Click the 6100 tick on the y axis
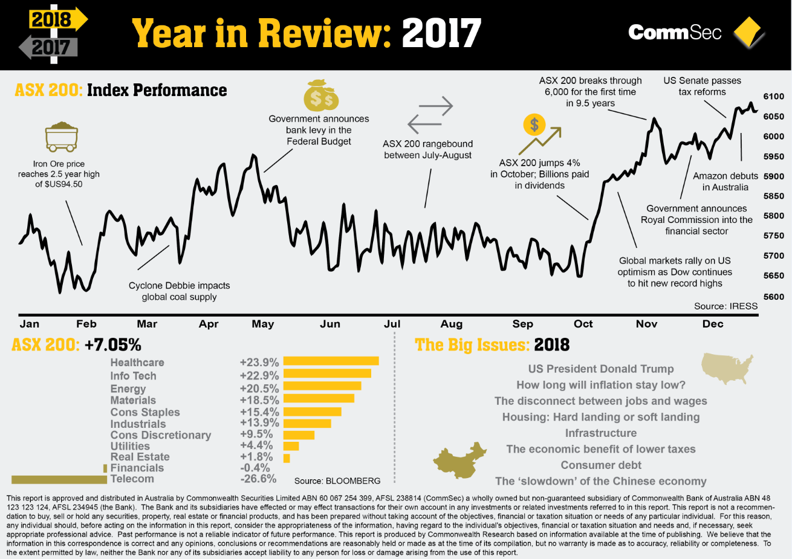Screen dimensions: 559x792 click(773, 97)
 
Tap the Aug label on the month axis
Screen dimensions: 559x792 click(452, 324)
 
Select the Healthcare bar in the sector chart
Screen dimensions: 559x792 click(331, 361)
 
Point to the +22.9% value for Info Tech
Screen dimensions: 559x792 click(259, 375)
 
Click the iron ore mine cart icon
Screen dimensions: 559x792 click(61, 137)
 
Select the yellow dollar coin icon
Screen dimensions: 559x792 click(534, 125)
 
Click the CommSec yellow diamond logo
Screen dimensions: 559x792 click(748, 33)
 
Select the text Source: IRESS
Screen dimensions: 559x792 click(725, 306)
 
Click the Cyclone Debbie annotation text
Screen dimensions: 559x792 click(179, 291)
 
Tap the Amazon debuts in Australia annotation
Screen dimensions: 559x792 click(725, 181)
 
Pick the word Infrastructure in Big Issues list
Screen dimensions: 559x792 click(601, 433)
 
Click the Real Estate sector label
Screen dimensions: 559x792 click(140, 457)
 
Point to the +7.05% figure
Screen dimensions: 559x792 click(112, 345)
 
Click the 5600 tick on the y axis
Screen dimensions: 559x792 click(773, 297)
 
